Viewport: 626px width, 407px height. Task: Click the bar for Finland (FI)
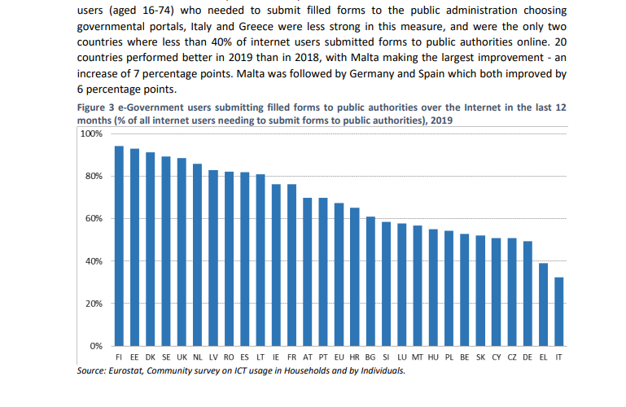click(x=119, y=246)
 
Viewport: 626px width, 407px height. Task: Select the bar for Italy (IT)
click(x=559, y=312)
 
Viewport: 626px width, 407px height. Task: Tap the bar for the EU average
click(x=339, y=274)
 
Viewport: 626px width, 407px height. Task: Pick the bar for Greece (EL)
click(x=543, y=304)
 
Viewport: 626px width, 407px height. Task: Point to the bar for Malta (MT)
click(x=418, y=286)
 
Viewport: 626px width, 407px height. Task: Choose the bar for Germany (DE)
click(x=528, y=294)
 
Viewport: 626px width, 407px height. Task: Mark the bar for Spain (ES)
click(x=245, y=259)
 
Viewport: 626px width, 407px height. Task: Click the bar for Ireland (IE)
click(x=276, y=265)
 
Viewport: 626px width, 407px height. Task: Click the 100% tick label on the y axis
click(x=91, y=133)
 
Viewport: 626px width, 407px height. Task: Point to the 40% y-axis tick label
click(x=94, y=261)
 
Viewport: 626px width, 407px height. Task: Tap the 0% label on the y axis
click(x=96, y=346)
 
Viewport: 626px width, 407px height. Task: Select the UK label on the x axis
click(x=182, y=357)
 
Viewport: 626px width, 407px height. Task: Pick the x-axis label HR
click(x=355, y=357)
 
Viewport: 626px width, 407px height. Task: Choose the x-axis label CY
click(x=497, y=357)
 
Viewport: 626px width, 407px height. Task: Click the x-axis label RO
click(x=229, y=357)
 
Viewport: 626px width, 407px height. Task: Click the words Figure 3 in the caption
click(x=96, y=107)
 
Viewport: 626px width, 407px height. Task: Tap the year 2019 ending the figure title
click(x=441, y=120)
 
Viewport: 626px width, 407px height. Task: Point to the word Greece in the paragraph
click(x=256, y=26)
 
